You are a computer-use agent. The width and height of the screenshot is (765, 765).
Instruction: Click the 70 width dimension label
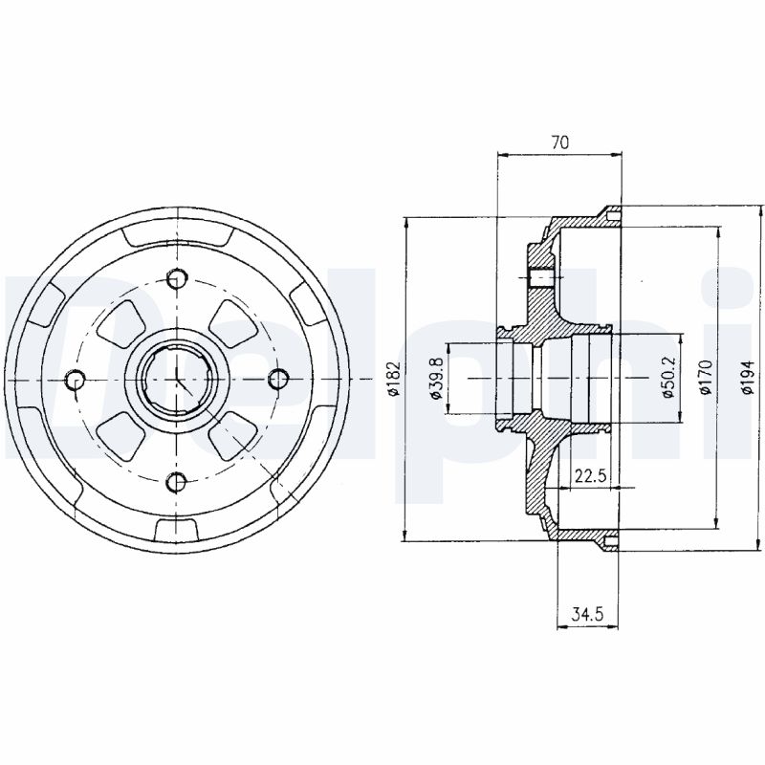point(559,142)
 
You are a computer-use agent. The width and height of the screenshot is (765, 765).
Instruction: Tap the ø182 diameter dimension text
point(394,378)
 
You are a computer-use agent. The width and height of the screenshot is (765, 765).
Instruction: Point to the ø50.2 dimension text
point(667,378)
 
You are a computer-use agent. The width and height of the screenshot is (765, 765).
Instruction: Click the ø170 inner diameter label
point(704,378)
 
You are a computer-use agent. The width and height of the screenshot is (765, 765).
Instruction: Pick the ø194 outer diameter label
point(747,378)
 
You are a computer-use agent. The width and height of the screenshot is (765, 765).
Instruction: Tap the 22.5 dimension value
point(590,474)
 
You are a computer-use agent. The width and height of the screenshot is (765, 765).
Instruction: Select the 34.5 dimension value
point(587,614)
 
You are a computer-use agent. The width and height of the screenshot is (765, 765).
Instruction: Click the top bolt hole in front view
point(177,279)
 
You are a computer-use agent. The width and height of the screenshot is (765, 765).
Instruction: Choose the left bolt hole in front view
point(76,380)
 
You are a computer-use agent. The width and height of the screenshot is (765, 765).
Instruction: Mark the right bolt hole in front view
point(278,380)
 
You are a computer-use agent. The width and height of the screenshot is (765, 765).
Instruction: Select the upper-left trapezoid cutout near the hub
point(122,324)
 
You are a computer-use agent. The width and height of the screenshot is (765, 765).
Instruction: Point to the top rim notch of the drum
point(177,236)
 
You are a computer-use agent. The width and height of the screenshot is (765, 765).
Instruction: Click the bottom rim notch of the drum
point(177,529)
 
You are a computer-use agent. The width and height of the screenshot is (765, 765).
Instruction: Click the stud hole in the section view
point(540,277)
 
